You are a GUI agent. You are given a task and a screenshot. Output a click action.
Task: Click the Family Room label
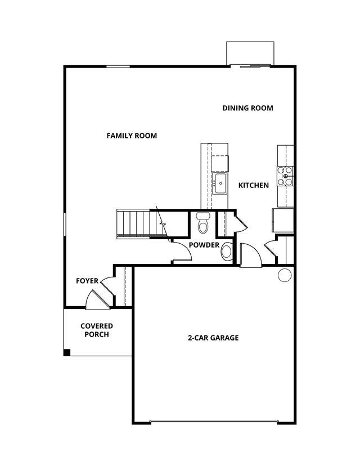[132, 136]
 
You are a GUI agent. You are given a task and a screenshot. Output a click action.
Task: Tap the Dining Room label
[247, 108]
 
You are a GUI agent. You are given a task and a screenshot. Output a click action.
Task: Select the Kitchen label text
[253, 185]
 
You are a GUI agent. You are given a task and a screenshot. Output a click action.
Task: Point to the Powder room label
[204, 245]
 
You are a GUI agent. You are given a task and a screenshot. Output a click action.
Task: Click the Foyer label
[87, 281]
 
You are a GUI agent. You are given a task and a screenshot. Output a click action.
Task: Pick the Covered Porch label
[97, 330]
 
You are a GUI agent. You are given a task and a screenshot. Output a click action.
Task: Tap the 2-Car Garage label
[213, 338]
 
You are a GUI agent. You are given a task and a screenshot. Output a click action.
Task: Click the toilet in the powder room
[203, 223]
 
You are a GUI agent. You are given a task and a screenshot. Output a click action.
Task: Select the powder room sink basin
[227, 252]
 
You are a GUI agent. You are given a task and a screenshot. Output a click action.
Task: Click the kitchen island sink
[220, 183]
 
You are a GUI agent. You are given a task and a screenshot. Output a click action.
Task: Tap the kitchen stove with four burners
[285, 176]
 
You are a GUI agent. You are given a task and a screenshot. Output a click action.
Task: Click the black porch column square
[67, 352]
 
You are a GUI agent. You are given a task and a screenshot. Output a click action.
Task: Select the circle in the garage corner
[285, 275]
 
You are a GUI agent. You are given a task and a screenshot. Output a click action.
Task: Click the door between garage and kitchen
[251, 255]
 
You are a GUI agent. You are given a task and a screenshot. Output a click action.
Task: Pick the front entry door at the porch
[97, 300]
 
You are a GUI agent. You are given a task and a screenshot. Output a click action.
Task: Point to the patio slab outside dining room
[250, 53]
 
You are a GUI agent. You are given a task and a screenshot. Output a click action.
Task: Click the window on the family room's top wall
[118, 66]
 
